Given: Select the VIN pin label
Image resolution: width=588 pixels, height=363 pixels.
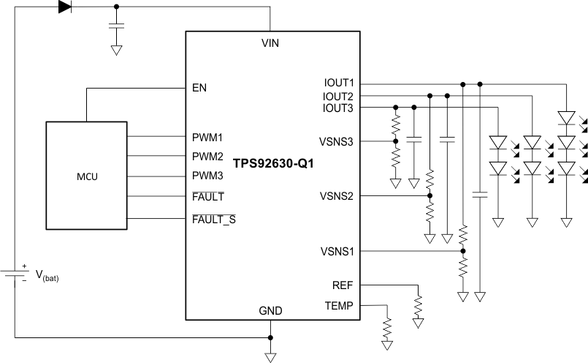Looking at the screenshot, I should pyautogui.click(x=271, y=43).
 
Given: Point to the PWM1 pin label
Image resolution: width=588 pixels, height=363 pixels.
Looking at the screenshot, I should pyautogui.click(x=207, y=137).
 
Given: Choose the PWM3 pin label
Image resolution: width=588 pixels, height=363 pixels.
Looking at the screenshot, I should pyautogui.click(x=207, y=176).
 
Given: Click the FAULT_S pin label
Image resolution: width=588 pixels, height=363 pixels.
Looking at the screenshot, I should pyautogui.click(x=213, y=219).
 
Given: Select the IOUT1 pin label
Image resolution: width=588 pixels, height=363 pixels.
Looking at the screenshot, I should pyautogui.click(x=338, y=83).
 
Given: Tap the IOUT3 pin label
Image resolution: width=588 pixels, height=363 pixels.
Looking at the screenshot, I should pyautogui.click(x=338, y=108).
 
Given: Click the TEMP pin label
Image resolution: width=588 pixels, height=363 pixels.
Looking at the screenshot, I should pyautogui.click(x=340, y=304).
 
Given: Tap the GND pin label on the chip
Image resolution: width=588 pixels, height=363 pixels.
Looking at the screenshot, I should pyautogui.click(x=271, y=311).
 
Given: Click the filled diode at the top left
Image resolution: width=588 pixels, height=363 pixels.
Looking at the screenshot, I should pyautogui.click(x=65, y=7).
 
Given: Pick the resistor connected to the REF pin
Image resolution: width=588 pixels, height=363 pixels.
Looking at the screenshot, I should pyautogui.click(x=418, y=305).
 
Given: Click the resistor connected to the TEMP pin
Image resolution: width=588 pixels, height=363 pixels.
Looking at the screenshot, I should pyautogui.click(x=386, y=325).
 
